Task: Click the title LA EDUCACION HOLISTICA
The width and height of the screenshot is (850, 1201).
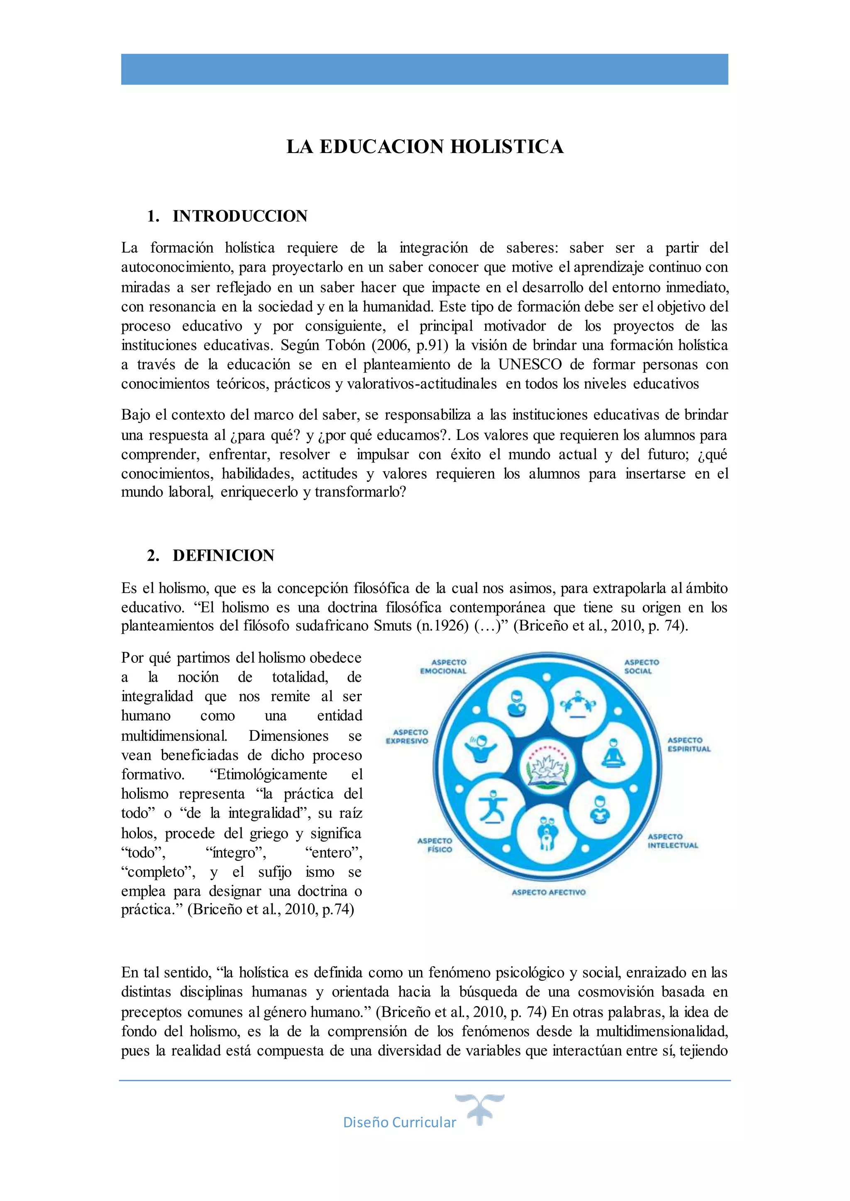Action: pos(425,147)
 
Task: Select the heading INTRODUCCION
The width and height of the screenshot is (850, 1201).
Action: pos(240,216)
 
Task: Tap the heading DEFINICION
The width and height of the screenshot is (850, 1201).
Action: pos(223,556)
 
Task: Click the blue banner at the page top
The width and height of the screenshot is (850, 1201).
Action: pos(425,69)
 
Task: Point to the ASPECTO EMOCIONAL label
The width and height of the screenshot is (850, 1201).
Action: pos(443,666)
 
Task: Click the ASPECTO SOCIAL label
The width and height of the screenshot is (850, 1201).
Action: pos(641,666)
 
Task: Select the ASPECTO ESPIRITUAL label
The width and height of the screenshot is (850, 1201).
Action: pos(689,744)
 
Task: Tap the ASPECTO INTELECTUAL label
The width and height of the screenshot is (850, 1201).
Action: pos(672,841)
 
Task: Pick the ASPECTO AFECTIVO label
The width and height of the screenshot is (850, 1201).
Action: pos(549,892)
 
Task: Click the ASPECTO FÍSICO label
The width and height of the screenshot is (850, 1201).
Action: pos(435,845)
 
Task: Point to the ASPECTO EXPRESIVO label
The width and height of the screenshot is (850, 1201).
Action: pos(407,737)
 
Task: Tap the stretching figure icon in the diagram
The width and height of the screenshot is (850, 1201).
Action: pos(491,807)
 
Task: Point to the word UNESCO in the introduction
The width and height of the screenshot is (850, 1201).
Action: pos(530,365)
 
